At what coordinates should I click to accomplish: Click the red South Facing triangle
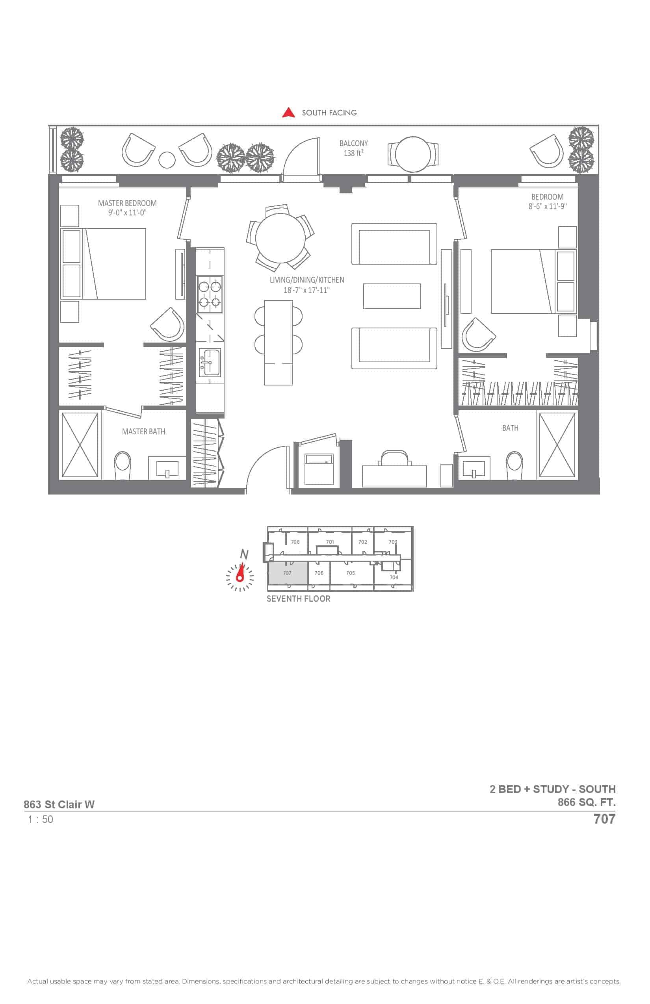(x=288, y=113)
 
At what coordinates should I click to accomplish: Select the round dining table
(x=280, y=237)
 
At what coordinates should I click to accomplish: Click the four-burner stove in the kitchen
(x=210, y=294)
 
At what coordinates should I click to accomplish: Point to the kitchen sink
(x=209, y=362)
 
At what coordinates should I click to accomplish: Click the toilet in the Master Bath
(x=123, y=465)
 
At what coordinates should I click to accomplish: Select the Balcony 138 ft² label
(x=354, y=148)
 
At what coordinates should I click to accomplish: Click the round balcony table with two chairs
(x=413, y=154)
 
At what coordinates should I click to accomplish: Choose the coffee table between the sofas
(x=392, y=296)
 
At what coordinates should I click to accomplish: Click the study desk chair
(x=394, y=458)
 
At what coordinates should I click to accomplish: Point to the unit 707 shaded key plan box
(x=288, y=573)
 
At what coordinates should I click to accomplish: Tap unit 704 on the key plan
(x=394, y=577)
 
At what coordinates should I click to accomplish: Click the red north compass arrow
(x=241, y=572)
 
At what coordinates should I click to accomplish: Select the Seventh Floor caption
(x=299, y=598)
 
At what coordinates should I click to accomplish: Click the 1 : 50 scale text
(x=41, y=819)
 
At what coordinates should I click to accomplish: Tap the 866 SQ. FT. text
(x=587, y=802)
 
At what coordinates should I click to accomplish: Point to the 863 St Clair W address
(x=59, y=804)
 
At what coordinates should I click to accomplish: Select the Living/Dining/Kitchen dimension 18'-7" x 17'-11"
(x=306, y=290)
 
